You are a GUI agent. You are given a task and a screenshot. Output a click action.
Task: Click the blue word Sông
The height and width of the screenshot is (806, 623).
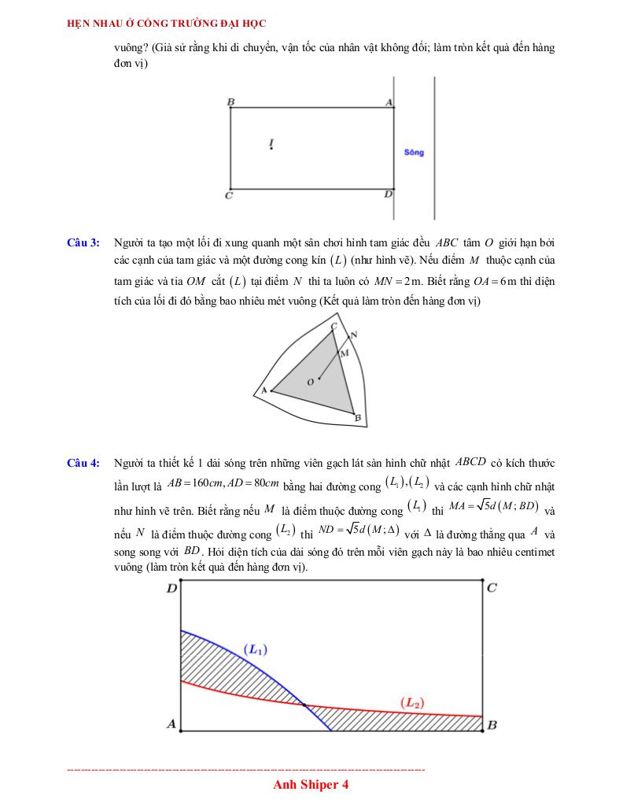(x=414, y=152)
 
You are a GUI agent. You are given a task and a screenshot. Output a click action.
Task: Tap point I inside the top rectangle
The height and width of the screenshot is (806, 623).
(x=271, y=144)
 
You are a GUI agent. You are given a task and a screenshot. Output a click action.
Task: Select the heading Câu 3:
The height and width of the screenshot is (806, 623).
(x=83, y=242)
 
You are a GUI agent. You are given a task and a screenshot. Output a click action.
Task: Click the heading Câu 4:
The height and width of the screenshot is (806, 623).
(x=83, y=463)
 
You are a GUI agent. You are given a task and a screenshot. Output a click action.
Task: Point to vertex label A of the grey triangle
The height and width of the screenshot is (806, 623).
(x=263, y=390)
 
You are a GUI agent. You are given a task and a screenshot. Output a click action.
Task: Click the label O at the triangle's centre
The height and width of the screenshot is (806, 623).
(x=310, y=382)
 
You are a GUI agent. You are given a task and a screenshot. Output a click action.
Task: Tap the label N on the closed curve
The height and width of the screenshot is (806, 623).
(x=354, y=335)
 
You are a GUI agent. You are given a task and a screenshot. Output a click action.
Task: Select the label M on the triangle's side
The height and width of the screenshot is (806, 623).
(x=344, y=353)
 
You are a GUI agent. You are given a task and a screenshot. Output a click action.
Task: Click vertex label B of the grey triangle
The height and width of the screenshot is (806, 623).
(x=358, y=418)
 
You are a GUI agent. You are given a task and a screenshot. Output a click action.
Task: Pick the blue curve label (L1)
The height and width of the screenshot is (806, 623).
(x=256, y=649)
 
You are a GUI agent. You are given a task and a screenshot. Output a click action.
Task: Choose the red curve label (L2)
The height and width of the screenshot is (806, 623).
(x=414, y=702)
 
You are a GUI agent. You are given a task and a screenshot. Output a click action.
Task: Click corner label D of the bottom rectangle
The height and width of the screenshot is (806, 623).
(x=171, y=588)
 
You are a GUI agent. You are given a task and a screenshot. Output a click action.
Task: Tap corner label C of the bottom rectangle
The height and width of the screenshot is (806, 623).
(x=492, y=588)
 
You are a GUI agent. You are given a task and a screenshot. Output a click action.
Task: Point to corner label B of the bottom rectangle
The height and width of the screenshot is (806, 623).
(x=492, y=725)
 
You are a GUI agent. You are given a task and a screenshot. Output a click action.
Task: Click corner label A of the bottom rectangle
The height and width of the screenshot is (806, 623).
(x=171, y=724)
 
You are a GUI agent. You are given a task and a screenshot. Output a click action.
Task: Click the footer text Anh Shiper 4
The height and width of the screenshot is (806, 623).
(x=311, y=785)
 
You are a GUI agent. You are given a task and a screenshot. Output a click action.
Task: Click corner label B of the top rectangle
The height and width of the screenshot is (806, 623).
(x=230, y=102)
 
